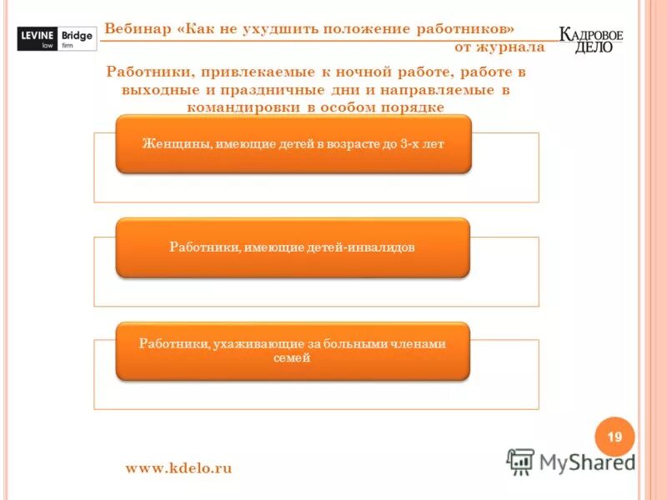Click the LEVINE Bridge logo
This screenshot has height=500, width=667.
(55, 38)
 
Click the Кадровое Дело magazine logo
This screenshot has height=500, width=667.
(591, 39)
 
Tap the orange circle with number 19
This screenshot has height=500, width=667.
(614, 437)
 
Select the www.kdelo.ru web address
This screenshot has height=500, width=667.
(178, 468)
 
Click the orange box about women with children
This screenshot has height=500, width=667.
(293, 144)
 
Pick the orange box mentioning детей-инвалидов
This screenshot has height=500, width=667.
(292, 247)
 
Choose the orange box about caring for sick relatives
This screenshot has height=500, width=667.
(292, 351)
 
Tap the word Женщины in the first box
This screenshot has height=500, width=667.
(170, 144)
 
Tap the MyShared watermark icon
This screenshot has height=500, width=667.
(521, 462)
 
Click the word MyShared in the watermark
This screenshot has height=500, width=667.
(587, 462)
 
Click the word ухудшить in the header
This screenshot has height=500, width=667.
(277, 28)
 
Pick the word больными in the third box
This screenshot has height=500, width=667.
(354, 343)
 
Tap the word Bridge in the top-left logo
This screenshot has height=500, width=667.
(77, 34)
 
